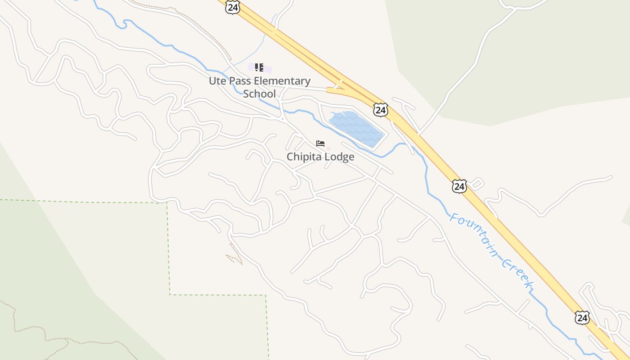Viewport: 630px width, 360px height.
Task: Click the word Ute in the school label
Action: [218, 81]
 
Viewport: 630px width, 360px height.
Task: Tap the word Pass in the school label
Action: [241, 81]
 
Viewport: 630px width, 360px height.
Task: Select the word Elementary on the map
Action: [282, 81]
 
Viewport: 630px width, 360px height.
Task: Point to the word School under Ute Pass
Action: [259, 94]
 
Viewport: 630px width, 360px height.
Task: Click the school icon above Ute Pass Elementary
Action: [259, 67]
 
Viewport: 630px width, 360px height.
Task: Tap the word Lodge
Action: [341, 157]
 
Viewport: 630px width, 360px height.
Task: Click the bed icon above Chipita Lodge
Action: [320, 144]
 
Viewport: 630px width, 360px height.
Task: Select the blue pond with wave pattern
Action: [355, 128]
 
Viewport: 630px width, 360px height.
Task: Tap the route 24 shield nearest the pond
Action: [380, 109]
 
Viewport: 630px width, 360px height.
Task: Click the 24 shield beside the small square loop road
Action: [459, 186]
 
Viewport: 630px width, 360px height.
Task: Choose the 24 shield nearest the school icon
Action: [232, 7]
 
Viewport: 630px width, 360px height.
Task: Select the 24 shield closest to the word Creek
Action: [582, 317]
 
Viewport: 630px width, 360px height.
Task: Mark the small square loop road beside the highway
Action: [477, 183]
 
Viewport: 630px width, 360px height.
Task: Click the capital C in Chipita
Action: [291, 157]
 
